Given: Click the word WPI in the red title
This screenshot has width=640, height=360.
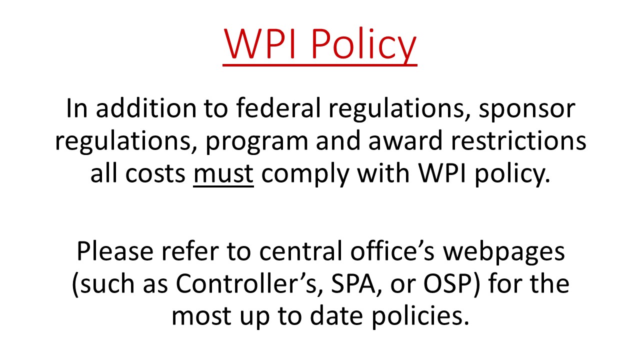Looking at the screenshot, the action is (259, 43).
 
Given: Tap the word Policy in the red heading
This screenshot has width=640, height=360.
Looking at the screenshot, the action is (363, 45).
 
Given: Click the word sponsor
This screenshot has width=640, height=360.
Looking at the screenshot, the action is (527, 110).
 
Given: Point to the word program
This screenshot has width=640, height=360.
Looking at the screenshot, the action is (257, 142).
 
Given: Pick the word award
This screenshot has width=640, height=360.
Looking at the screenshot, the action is (405, 140).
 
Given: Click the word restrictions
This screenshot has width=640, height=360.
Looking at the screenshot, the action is (518, 140).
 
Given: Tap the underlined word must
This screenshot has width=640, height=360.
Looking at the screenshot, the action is (223, 174).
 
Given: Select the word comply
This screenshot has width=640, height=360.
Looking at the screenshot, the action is (305, 174).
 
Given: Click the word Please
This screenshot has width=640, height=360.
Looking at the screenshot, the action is (115, 251).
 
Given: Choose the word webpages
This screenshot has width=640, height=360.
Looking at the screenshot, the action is (504, 252).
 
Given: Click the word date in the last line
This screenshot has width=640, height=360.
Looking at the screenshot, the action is (336, 315).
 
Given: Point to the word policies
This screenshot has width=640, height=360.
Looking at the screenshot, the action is (420, 316).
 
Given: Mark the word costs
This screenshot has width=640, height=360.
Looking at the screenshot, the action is (155, 174).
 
